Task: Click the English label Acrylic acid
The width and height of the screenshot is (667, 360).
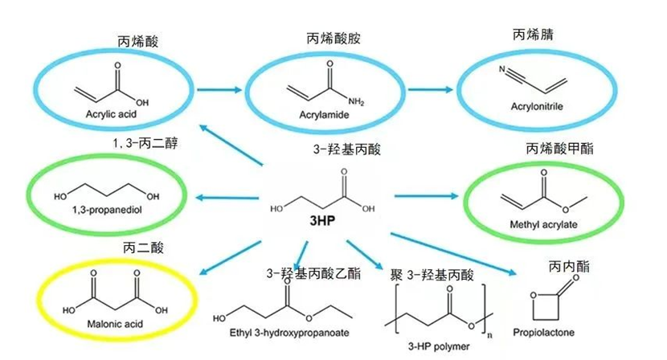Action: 111,114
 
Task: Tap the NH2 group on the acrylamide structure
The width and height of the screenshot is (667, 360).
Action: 356,101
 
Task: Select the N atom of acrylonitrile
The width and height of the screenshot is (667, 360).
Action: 502,69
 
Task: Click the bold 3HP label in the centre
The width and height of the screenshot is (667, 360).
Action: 322,220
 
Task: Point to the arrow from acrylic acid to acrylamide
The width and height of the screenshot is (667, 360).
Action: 219,90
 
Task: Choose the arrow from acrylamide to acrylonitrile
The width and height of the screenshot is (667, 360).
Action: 431,89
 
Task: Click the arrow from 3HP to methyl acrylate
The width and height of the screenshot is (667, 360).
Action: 426,196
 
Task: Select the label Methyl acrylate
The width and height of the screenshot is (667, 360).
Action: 543,224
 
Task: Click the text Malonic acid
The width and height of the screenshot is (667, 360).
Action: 115,324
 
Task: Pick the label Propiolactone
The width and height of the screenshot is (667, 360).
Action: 543,332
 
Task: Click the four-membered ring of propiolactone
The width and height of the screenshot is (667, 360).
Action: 546,306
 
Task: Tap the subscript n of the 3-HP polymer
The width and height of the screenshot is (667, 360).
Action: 490,335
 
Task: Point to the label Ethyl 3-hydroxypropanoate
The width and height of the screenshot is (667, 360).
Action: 289,333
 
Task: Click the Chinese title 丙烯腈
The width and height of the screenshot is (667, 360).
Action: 533,35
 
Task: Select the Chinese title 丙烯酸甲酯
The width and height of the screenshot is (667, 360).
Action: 559,149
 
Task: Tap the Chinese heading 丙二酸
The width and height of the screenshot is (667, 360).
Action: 143,247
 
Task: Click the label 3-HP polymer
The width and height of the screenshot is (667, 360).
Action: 439,346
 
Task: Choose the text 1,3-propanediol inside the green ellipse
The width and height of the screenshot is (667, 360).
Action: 107,210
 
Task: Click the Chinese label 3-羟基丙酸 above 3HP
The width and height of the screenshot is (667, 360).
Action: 346,149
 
